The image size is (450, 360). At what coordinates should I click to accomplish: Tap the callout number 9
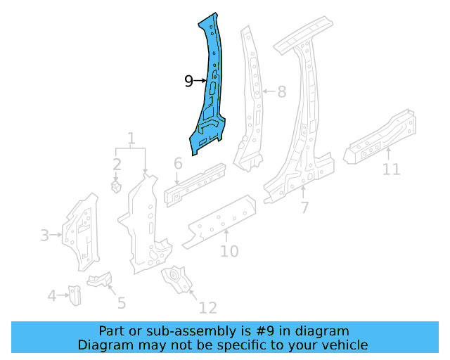coord(188,82)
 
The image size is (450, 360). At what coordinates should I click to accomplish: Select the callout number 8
coord(281,91)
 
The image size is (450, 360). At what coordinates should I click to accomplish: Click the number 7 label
coord(304,207)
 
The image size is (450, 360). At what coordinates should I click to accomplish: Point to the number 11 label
coord(391,169)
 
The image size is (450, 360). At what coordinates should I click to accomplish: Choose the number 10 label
coord(229,251)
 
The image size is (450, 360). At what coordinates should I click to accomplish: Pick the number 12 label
coord(207,307)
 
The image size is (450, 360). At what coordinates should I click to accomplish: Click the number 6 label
coord(178,164)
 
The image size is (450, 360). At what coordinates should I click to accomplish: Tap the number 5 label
coord(121,303)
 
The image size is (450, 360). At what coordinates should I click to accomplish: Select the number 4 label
coord(51,296)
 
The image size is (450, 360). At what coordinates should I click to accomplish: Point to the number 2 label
coord(117,165)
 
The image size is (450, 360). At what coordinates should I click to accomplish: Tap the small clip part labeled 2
coord(117,188)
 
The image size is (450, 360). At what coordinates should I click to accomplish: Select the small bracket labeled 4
coord(75,295)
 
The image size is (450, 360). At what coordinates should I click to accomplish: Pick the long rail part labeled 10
coord(218,221)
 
